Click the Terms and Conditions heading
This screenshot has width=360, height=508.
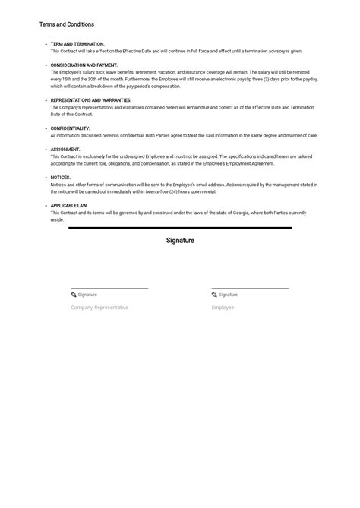click(67, 24)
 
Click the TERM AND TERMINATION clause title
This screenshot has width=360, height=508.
click(77, 44)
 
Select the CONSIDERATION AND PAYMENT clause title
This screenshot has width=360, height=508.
click(84, 65)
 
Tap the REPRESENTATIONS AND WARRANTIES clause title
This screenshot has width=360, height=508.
click(90, 100)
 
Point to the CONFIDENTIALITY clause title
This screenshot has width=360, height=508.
click(70, 128)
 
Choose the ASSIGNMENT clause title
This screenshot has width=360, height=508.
click(65, 150)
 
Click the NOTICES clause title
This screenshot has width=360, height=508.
click(61, 178)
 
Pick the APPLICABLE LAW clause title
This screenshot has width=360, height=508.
click(69, 206)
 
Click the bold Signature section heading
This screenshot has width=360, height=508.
click(180, 241)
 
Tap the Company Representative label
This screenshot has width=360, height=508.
click(99, 308)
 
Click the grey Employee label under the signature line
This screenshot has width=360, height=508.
click(223, 308)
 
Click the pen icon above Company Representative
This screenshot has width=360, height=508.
click(74, 295)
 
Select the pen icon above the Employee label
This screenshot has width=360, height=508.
click(214, 295)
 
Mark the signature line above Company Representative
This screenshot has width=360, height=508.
click(109, 289)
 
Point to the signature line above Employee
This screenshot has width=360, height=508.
click(250, 289)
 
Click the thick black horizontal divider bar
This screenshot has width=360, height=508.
click(180, 228)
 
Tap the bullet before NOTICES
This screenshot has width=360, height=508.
click(46, 178)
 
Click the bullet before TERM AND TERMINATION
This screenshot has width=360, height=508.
click(46, 44)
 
